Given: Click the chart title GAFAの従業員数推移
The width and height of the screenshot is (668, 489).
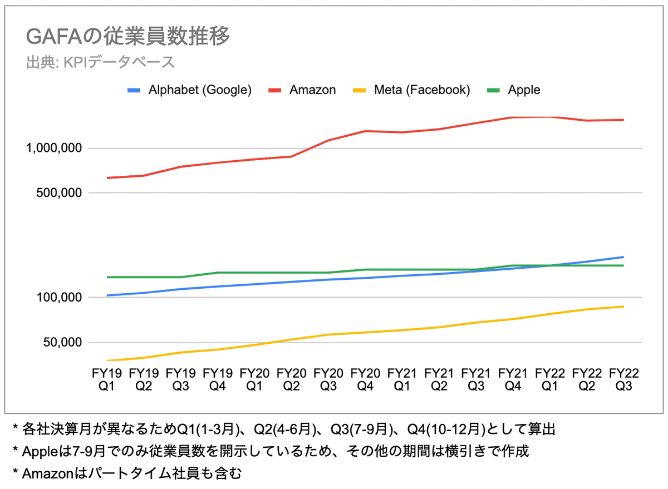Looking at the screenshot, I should pos(128,38).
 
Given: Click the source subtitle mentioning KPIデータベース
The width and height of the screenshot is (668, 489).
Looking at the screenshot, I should pos(100,62).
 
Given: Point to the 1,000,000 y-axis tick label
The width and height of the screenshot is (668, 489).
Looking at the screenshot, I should pos(54,149).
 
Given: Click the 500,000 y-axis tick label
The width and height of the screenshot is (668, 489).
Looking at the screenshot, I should pos(59,193).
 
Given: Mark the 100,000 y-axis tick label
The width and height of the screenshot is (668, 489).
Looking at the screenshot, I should pos(59,298).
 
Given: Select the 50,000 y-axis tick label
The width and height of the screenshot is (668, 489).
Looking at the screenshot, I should pos(62,343).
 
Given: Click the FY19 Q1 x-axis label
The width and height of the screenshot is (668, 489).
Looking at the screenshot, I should pos(106,379).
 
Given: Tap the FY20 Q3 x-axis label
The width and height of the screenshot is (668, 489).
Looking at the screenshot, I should pos(328,379).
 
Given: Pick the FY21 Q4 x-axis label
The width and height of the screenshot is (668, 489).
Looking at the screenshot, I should pos(513,379).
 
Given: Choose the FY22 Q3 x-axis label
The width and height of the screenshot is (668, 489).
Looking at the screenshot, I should pos(623,379).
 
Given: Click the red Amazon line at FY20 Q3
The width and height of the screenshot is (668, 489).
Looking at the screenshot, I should pos(328,140).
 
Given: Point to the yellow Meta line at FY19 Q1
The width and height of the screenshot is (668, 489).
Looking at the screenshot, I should pos(106,360).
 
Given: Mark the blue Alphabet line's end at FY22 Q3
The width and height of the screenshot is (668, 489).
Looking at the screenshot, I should pos(623,257).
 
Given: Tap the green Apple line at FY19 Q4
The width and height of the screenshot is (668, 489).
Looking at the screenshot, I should pos(217,273).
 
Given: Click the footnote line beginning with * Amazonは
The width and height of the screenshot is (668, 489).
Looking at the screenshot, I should pos(127,473).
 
